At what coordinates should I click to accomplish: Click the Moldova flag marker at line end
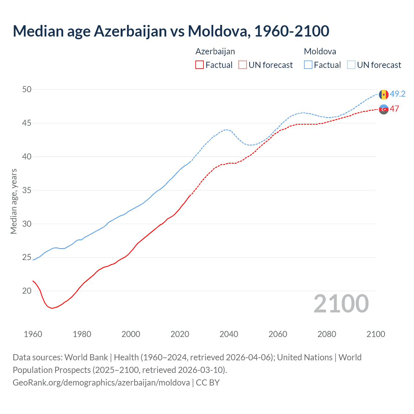[384, 94]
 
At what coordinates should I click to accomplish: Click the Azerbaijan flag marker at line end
[384, 109]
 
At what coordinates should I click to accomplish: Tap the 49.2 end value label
[398, 94]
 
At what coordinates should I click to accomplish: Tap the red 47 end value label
[394, 109]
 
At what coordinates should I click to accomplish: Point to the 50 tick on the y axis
[27, 89]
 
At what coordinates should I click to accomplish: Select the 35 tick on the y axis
[27, 190]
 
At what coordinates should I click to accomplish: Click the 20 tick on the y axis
[27, 291]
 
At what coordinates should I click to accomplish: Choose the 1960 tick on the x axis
[33, 334]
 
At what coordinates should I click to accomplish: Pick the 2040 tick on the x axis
[229, 334]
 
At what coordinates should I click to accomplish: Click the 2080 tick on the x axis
[327, 334]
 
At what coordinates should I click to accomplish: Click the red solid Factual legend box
[200, 65]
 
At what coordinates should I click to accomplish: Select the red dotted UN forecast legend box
[243, 65]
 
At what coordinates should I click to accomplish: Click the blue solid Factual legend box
[308, 65]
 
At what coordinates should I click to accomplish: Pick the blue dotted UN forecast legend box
[351, 65]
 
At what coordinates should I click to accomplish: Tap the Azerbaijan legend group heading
[215, 51]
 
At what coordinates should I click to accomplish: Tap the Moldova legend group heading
[320, 51]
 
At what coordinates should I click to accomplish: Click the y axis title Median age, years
[14, 201]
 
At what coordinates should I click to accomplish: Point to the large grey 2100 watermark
[341, 303]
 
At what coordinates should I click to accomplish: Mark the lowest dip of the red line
[52, 308]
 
